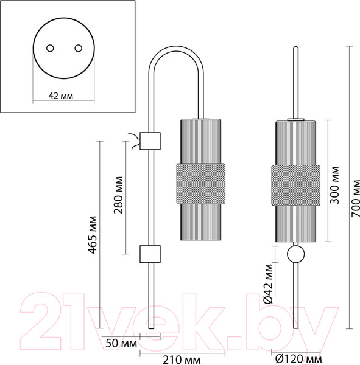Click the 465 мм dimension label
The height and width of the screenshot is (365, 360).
93,235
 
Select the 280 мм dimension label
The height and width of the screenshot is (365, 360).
118,195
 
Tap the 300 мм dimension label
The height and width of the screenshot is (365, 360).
335,185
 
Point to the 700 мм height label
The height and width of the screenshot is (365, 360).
355,198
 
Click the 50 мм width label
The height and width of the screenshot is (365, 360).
121,343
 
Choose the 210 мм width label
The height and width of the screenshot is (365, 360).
182,360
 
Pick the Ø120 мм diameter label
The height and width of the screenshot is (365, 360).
298,359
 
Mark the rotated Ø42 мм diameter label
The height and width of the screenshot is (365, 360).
268,283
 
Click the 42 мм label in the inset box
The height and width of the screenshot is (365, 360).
61,96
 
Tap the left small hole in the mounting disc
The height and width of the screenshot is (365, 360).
50,49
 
